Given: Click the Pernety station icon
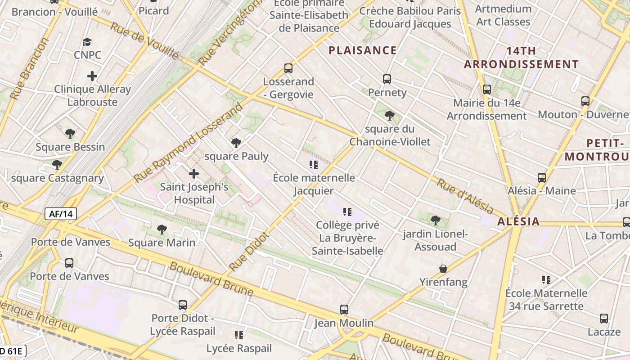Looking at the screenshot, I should coord(387,79).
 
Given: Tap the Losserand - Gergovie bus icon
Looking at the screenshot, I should coord(288,68).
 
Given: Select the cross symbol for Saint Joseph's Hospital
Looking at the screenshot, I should coord(194,173).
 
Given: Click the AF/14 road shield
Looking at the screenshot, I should coord(61,214).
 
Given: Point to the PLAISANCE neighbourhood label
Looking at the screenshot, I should coord(363,50).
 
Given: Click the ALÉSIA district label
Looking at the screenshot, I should coord(518,221).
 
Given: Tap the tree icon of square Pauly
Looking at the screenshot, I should coord(236,143).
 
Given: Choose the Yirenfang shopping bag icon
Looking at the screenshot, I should coord(443,269).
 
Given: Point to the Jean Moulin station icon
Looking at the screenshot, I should coord(344,310).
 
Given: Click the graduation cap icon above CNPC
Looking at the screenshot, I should coord(87,42).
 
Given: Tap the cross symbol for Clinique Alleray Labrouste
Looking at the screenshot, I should coord(92,76).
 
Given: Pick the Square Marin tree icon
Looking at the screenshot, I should coord(162,229).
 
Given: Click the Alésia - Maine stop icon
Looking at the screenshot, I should coord(542,177).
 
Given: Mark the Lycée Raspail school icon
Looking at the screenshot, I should coord(239,335).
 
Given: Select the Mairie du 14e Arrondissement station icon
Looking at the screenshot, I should coord(486,89).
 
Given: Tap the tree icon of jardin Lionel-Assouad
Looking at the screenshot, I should coord(435,220).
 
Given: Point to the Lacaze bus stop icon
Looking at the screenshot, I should coord(604,319).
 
